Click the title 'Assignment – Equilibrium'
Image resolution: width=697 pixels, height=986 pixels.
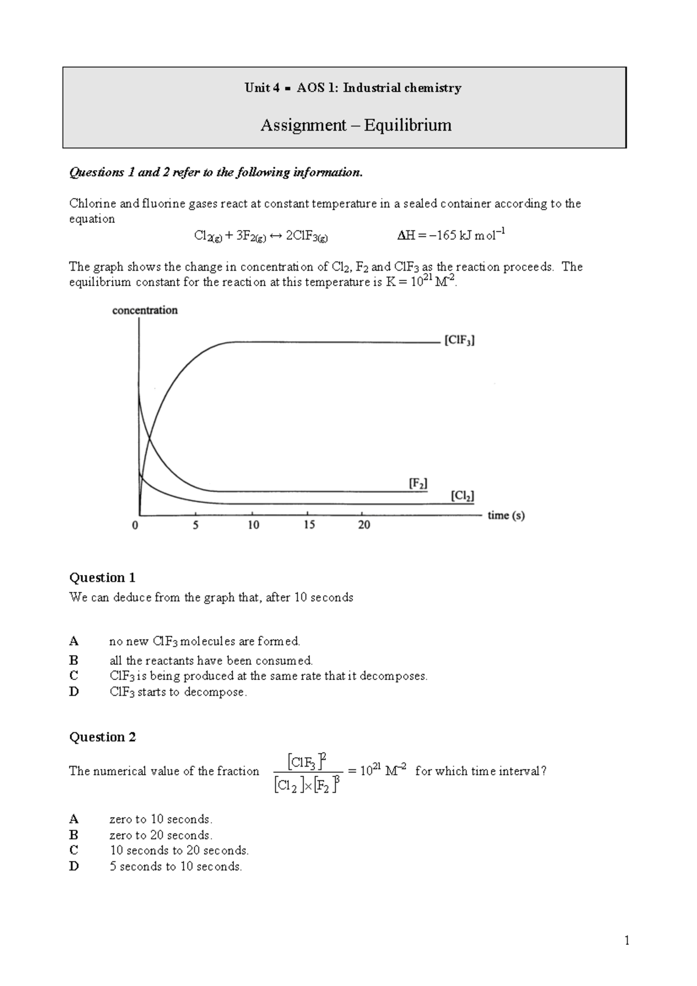point(355,125)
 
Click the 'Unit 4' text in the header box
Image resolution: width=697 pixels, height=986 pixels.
point(257,88)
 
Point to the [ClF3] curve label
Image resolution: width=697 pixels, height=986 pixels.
point(459,341)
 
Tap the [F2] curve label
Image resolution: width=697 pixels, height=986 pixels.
point(418,483)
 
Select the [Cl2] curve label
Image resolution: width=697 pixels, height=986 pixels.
point(462,496)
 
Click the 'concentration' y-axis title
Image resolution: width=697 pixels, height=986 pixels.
point(145,310)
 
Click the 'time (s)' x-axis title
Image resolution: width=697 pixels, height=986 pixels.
point(506,515)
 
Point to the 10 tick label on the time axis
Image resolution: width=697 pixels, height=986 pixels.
point(253,525)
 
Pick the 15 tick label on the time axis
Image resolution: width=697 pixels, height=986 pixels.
point(309,525)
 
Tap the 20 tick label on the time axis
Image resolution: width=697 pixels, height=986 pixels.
point(364,525)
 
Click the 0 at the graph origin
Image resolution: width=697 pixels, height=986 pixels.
point(135,525)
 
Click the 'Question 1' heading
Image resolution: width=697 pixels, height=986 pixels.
point(102,577)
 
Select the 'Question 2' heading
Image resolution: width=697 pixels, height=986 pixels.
point(102,737)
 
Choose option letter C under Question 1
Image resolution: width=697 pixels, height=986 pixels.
point(73,675)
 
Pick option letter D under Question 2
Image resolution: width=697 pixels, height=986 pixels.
point(73,866)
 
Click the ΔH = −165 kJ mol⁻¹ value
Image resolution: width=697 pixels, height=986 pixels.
point(451,235)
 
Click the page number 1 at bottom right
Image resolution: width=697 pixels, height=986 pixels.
point(627,941)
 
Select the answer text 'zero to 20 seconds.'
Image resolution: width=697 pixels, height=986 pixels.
point(161,835)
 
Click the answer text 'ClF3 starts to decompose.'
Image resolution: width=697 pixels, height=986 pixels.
point(178,692)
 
